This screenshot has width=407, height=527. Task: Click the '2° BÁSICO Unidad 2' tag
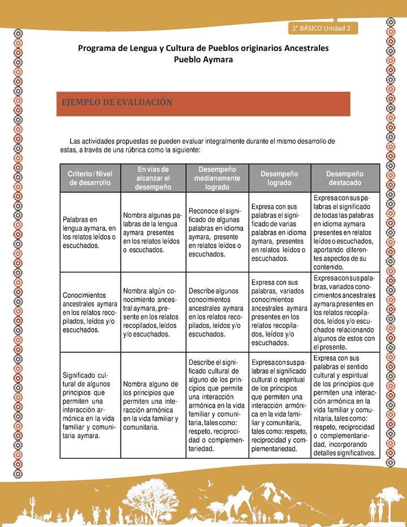(322, 28)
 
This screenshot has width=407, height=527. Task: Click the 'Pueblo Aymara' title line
(203, 59)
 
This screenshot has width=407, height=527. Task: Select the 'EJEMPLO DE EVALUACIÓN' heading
(116, 102)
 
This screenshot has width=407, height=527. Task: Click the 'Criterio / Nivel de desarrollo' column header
(90, 178)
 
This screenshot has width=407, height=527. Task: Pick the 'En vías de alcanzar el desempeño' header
(153, 178)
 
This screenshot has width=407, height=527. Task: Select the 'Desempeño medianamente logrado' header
(217, 178)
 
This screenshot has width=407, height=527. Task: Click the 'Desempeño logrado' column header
(280, 178)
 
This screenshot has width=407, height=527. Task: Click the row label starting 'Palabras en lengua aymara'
(89, 232)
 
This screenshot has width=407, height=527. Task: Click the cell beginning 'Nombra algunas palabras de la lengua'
(153, 232)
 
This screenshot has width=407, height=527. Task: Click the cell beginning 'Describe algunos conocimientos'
(217, 312)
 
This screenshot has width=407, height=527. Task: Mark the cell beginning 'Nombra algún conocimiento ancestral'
(153, 312)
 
